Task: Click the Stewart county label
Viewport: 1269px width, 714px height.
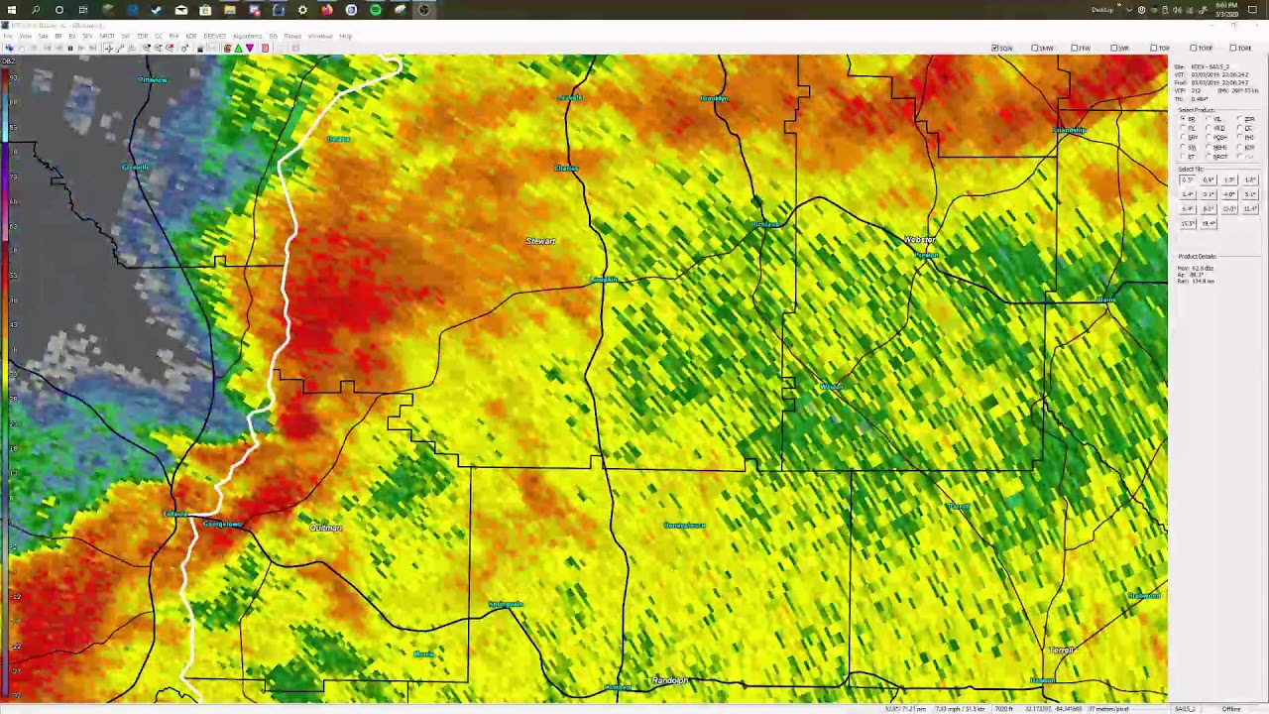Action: tap(540, 241)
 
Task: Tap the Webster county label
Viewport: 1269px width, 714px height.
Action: tap(919, 240)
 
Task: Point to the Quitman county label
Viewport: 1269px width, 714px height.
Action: tap(325, 528)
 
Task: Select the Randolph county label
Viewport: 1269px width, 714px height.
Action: tap(670, 680)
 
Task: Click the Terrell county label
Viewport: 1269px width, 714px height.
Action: tap(1062, 650)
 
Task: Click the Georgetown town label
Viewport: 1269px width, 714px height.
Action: tap(222, 524)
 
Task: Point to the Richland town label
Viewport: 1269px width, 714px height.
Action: tap(765, 225)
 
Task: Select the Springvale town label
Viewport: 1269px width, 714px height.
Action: tap(506, 604)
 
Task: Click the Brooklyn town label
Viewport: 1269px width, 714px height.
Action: tap(714, 98)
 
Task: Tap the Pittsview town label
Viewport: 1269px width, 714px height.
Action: tap(153, 79)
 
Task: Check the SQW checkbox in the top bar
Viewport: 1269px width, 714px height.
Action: tap(995, 48)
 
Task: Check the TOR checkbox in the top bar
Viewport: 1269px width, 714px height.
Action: tap(1154, 48)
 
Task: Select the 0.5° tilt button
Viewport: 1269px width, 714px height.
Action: tap(1187, 179)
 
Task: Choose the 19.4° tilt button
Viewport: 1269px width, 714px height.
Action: tap(1209, 223)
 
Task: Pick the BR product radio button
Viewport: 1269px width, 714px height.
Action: tap(1183, 119)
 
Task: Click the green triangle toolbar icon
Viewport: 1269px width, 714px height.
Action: tap(238, 48)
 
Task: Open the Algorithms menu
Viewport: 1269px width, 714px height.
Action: tap(247, 36)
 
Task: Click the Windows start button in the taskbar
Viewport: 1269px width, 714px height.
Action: tap(12, 10)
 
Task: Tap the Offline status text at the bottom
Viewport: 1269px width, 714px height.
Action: tap(1231, 709)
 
